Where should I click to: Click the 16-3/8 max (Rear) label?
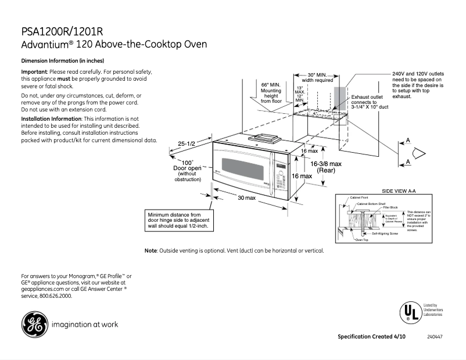coord(326,167)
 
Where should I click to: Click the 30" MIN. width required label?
coord(317,78)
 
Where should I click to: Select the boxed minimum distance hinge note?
coord(179,221)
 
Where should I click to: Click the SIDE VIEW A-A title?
coord(399,190)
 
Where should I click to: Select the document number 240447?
coord(433,337)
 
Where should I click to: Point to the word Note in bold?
coord(150,251)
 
